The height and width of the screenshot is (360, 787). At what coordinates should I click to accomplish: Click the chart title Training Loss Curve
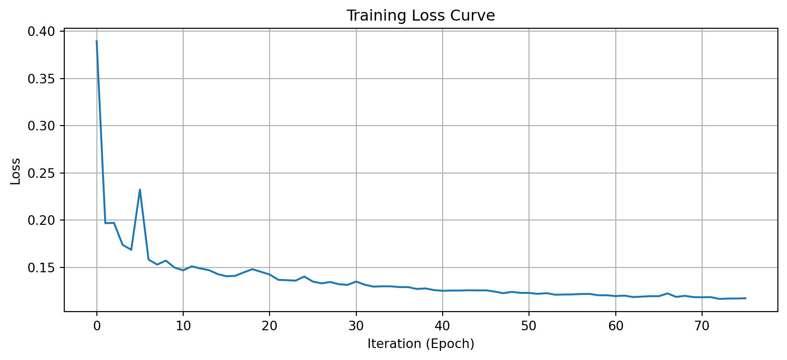[421, 16]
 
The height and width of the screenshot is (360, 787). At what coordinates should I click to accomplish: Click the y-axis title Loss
[16, 171]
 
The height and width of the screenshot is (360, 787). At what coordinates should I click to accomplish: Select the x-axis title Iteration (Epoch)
[421, 344]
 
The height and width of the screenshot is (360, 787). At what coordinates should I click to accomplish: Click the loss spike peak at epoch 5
[140, 190]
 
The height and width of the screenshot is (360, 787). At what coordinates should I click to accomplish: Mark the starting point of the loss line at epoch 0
[97, 41]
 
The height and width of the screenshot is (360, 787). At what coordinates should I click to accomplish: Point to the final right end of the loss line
[745, 298]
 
